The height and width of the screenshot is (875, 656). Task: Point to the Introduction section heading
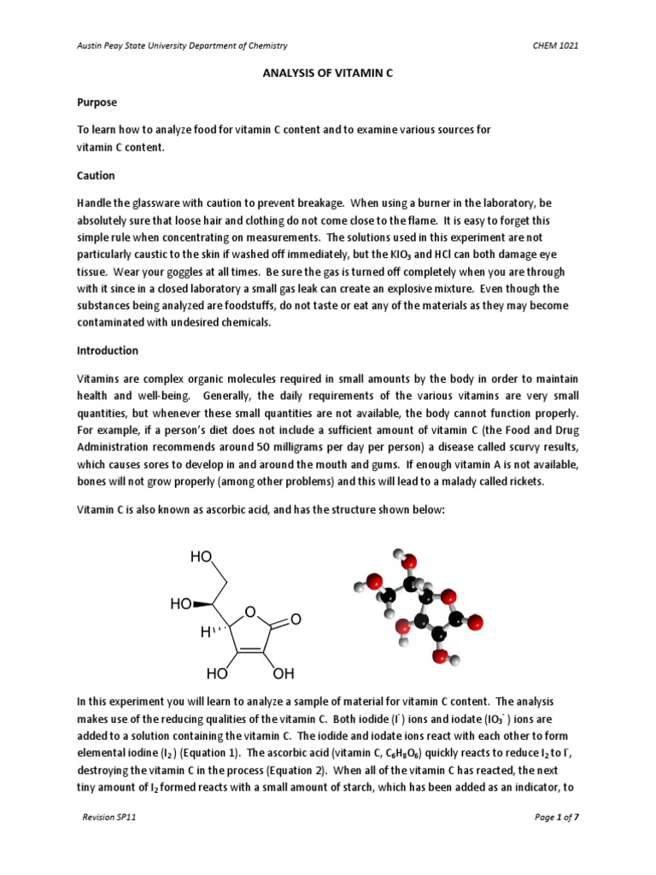pos(108,350)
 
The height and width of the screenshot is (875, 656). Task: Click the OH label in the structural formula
pos(283,672)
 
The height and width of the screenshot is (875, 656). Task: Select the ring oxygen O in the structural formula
pos(249,612)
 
